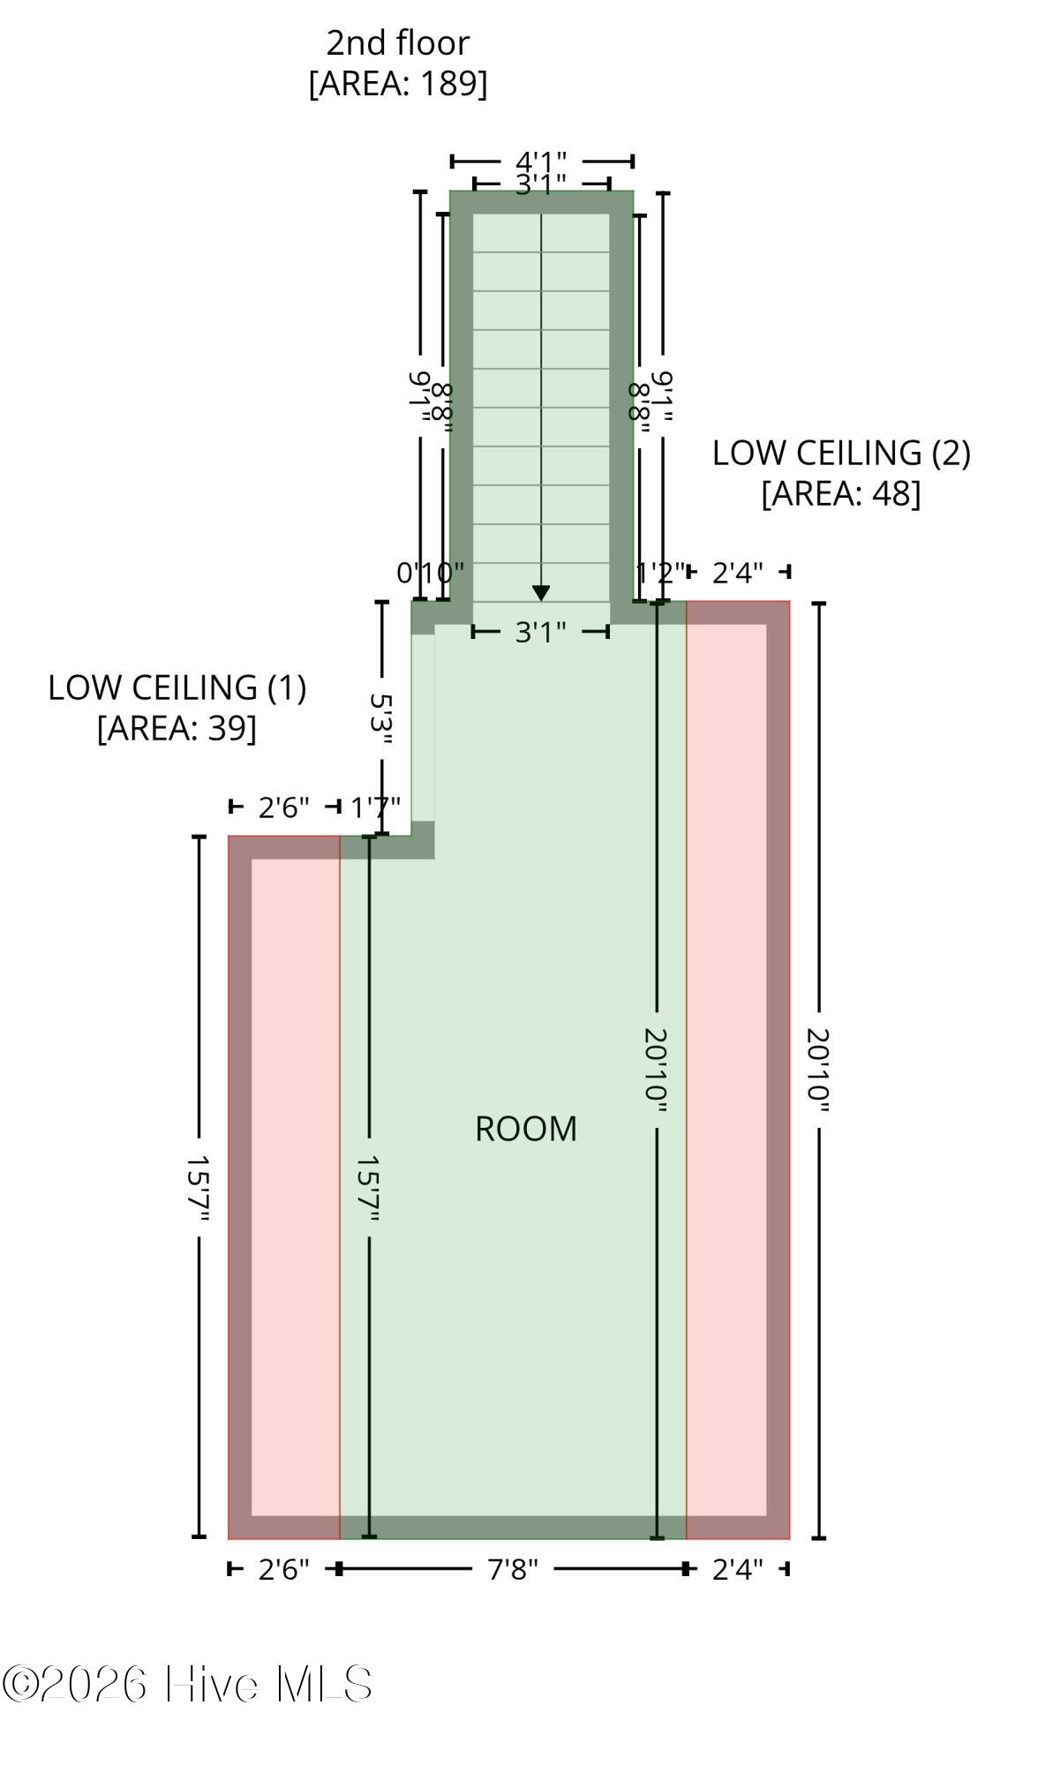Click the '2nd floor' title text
398,42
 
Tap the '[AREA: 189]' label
398,83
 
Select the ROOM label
526,1129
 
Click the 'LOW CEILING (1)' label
177,687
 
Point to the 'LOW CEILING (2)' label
841,453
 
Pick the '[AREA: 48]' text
841,493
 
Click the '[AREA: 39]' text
177,728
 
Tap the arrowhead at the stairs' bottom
541,594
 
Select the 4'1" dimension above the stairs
541,161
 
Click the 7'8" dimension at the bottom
513,1568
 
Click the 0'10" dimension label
430,573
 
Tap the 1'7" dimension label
376,807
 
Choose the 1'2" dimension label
661,573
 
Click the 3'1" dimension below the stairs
541,632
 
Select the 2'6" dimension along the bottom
284,1568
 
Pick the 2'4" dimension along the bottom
738,1568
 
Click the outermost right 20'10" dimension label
818,1070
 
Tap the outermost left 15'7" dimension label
199,1189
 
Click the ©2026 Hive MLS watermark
187,1684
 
